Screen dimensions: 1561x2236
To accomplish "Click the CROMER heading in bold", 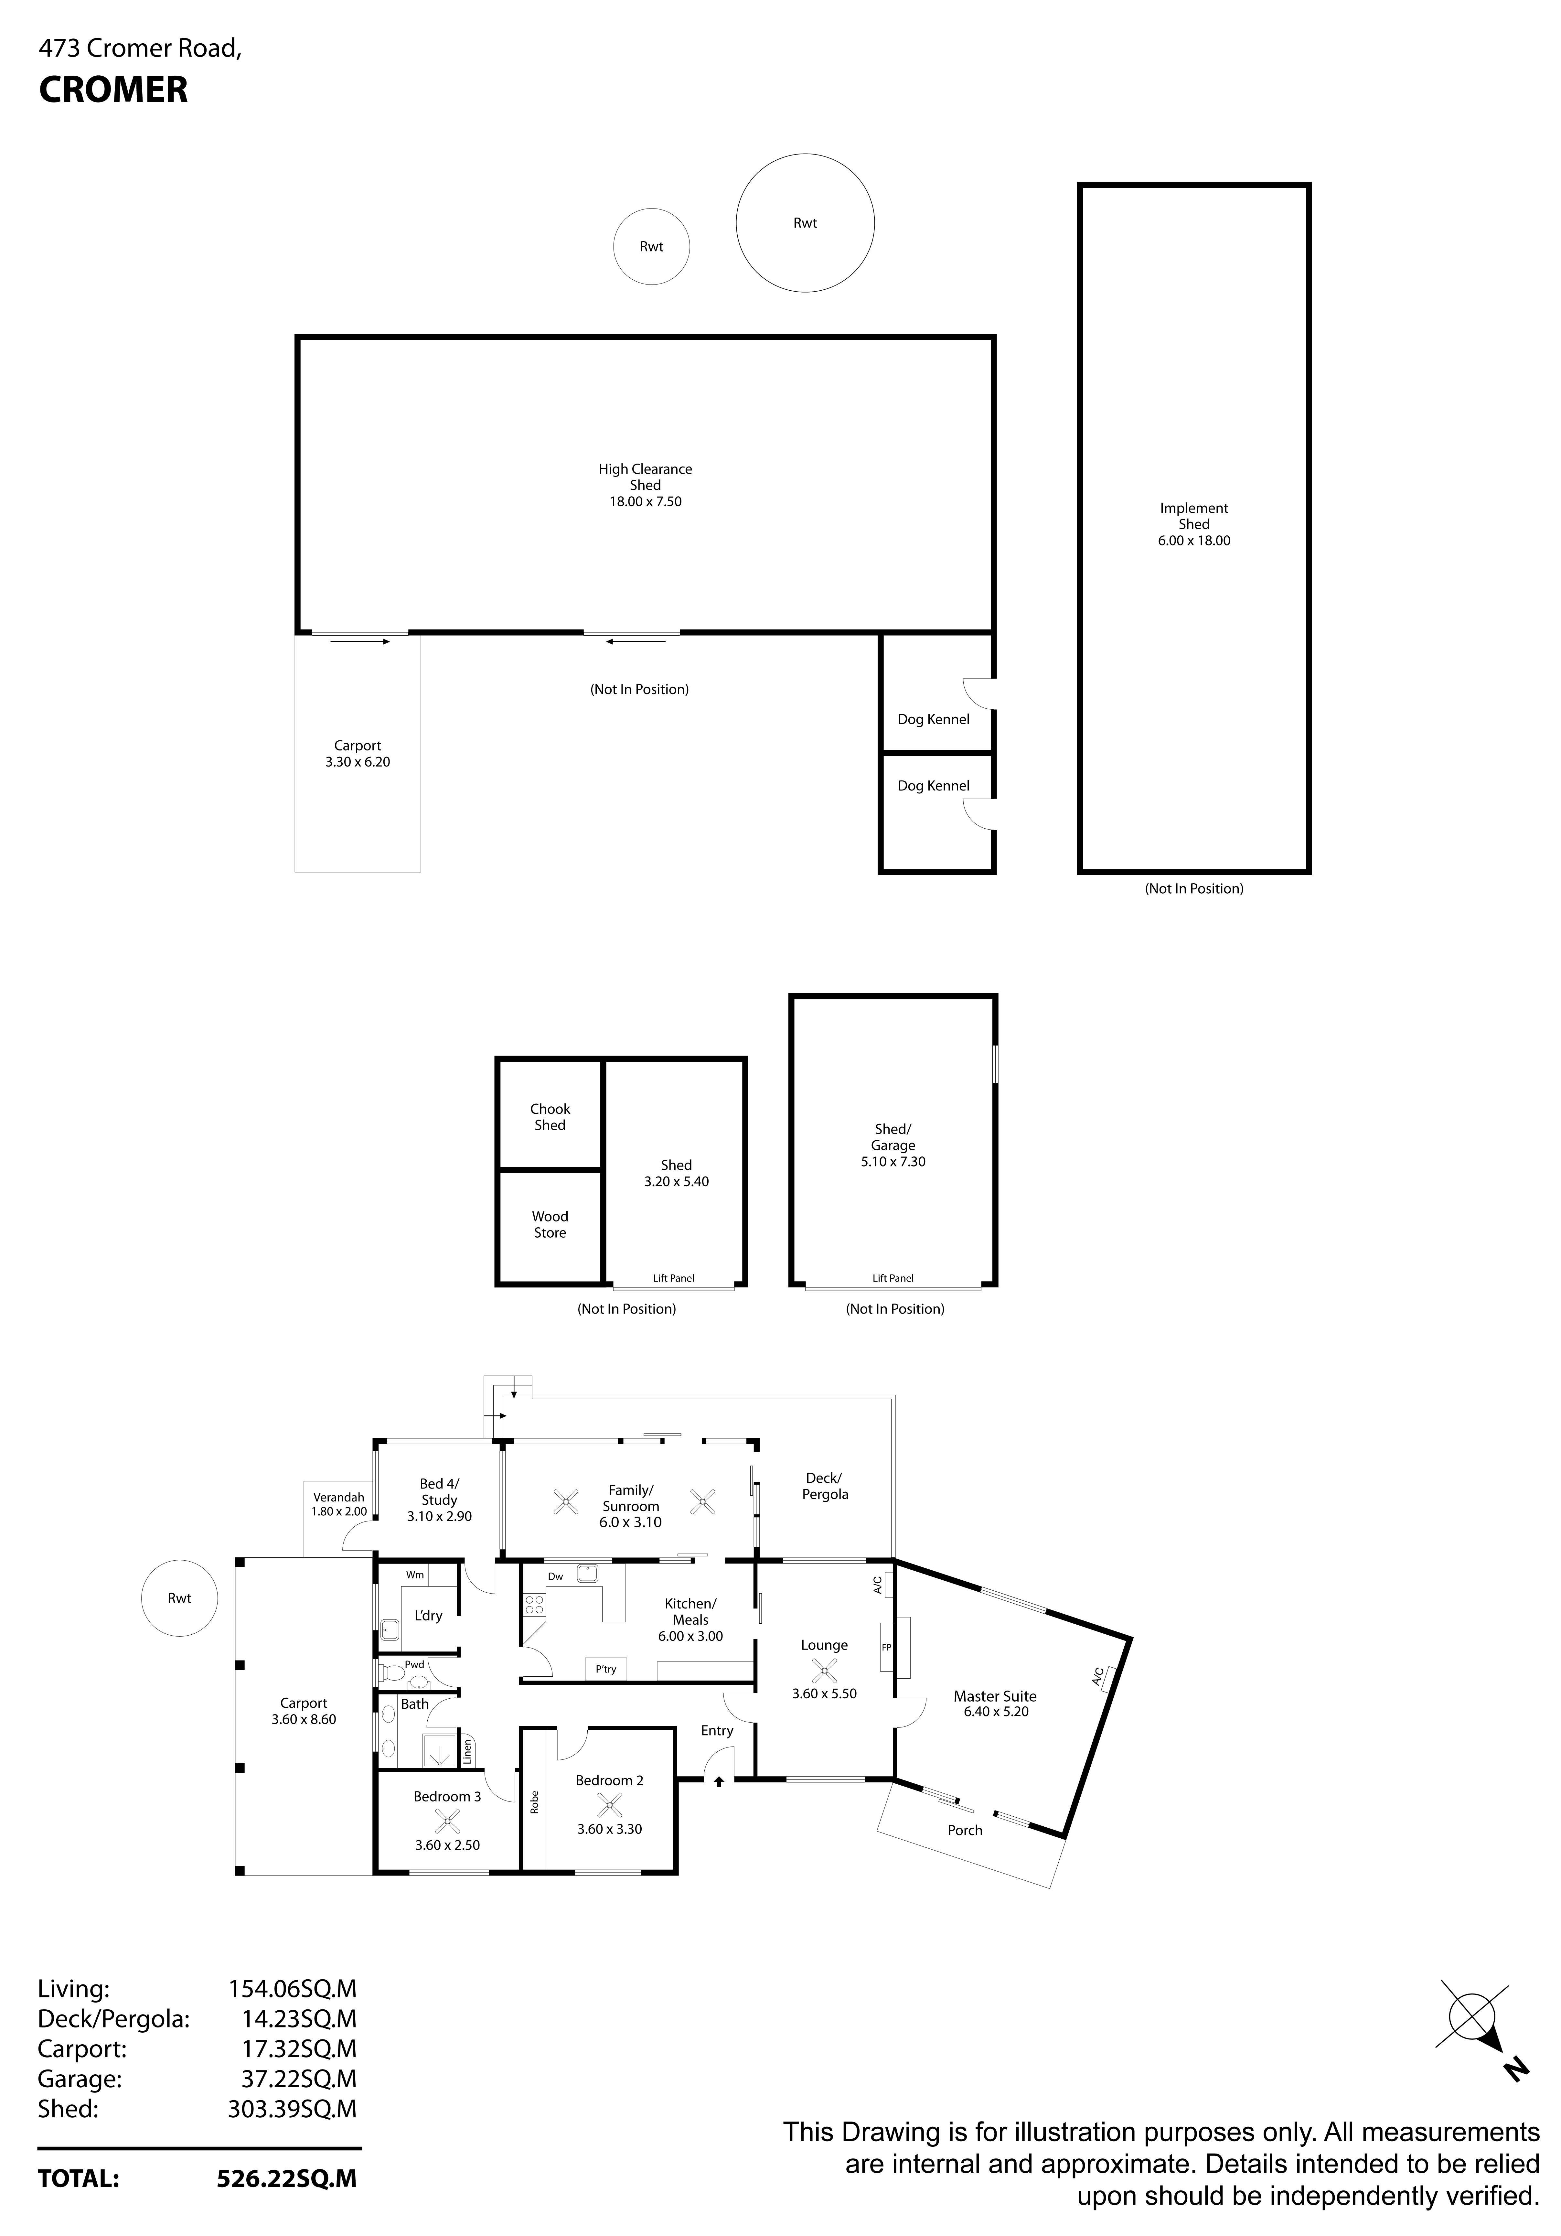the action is coord(113,90).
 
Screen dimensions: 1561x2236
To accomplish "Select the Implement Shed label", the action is coord(1194,516).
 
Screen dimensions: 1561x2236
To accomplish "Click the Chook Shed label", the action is coord(550,1117).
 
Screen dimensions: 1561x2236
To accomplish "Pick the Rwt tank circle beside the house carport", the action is coord(179,1598).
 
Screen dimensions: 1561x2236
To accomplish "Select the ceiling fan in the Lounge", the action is coord(824,1672).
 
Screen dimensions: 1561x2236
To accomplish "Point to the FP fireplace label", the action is coord(886,1648).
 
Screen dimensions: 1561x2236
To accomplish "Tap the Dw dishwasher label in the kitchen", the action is coord(555,1577).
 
